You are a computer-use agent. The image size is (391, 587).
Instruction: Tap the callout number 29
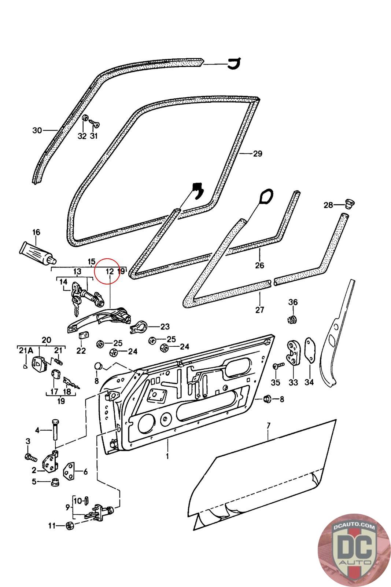pos(258,153)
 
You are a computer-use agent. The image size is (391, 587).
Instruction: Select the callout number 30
pos(37,130)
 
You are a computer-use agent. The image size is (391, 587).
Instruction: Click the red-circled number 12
pos(109,271)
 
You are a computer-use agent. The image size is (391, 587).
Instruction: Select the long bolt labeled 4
pos(55,430)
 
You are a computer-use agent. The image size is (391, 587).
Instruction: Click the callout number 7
pos(268,426)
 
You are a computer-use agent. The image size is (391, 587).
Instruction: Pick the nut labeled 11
pos(69,526)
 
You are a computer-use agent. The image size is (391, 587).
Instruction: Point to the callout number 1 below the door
pos(167,456)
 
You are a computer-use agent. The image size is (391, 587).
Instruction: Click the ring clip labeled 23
pos(139,326)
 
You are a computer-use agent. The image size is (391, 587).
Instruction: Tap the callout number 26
pos(259,265)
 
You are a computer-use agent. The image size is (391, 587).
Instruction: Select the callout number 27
pos(259,310)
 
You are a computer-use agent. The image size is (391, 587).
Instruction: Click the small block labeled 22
pos(84,335)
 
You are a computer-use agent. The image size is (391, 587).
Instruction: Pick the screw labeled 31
pos(96,124)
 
